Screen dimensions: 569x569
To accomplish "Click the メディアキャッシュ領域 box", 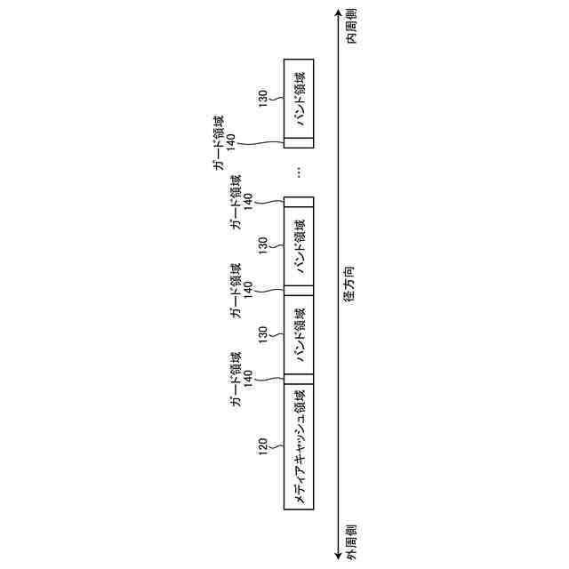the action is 299,447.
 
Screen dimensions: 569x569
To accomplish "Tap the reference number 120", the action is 263,445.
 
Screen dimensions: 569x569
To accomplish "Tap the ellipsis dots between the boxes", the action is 299,172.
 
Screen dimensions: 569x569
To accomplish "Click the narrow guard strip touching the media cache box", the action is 299,379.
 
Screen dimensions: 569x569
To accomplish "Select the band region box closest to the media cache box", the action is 299,334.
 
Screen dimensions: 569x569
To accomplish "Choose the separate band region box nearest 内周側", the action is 299,98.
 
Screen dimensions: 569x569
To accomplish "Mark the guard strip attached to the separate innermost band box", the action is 299,142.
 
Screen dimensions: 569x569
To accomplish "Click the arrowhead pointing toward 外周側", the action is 338,557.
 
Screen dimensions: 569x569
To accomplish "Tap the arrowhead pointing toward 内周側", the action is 338,12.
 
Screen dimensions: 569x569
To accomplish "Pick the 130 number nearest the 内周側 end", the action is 263,98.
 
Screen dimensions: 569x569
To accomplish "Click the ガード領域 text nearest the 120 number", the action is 236,388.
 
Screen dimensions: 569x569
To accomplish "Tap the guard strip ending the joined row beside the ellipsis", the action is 299,201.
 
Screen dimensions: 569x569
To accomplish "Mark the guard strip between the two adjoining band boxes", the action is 299,290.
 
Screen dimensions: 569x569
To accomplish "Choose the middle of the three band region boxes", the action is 299,245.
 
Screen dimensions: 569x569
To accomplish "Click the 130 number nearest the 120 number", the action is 263,334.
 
